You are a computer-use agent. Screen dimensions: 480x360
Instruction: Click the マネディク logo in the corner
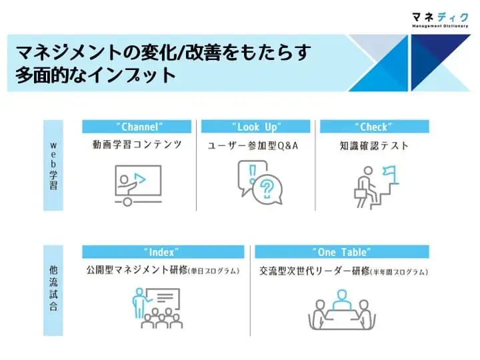coord(440,19)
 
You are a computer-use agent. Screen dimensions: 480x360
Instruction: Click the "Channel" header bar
coord(137,127)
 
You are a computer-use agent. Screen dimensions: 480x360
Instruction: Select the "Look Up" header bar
coord(255,127)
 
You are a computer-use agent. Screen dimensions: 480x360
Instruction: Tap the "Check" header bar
coord(375,127)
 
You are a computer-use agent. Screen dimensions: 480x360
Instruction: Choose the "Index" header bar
coord(163,252)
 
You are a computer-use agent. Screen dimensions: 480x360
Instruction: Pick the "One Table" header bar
coord(342,252)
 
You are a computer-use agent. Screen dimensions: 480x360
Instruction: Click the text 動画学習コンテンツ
coord(137,145)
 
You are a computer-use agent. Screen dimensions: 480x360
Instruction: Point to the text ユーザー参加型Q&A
coord(253,146)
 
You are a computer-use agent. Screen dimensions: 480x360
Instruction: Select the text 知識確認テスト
coord(374,146)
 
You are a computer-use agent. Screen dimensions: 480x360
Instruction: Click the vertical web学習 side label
coord(53,165)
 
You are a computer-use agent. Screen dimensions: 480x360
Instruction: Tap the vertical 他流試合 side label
coord(53,291)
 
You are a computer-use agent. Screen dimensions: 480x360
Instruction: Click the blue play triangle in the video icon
coord(139,179)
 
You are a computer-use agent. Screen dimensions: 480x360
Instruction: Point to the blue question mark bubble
coord(267,188)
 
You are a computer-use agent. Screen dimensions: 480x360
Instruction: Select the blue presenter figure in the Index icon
coord(139,303)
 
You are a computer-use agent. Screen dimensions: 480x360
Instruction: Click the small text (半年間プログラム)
coord(399,272)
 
